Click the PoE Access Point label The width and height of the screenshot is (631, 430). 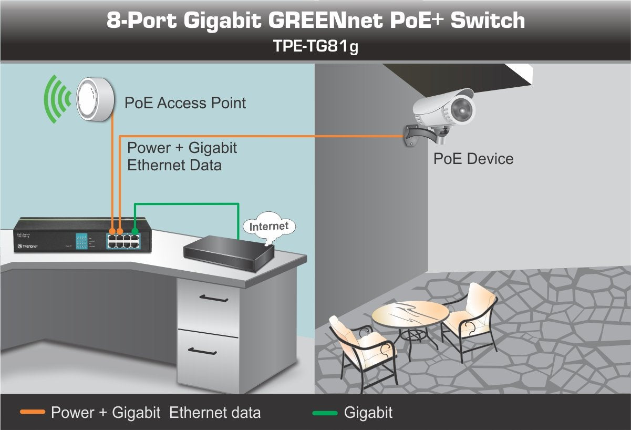[x=185, y=103]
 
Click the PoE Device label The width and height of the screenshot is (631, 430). [x=473, y=159]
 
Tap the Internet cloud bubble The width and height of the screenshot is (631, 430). [x=269, y=227]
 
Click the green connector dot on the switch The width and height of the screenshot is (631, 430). [x=135, y=230]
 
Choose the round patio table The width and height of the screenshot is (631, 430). [x=410, y=315]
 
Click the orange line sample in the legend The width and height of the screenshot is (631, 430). [x=32, y=413]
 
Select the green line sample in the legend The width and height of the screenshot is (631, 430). [x=324, y=413]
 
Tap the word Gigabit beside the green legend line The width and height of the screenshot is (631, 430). [x=368, y=413]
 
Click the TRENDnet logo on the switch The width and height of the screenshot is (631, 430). [x=27, y=245]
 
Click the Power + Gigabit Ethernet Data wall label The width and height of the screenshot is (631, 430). [x=182, y=156]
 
